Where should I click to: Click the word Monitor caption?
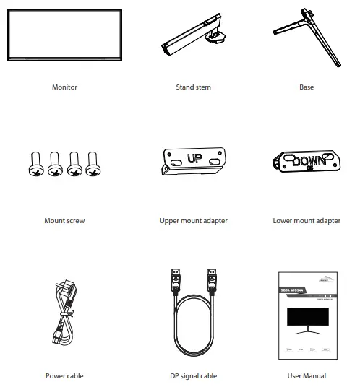tap(64, 87)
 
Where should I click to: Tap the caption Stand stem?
tap(193, 87)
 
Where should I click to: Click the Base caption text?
tap(307, 87)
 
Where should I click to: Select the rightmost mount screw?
tap(93, 164)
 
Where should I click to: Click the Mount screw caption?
tap(64, 220)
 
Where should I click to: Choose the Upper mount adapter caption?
tap(193, 220)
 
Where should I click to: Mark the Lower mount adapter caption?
tap(307, 220)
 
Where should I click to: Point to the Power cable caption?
tap(64, 375)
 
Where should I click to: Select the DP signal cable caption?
tap(193, 375)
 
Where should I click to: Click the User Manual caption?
tap(307, 375)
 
